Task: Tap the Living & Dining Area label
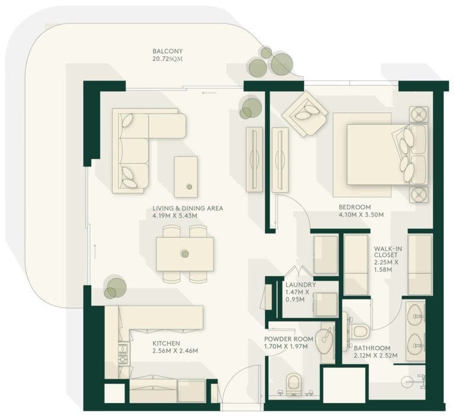[x=187, y=209]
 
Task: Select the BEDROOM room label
[x=354, y=207]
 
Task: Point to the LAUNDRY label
[x=300, y=284]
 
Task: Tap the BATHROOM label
[x=372, y=348]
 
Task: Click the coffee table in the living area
[x=186, y=176]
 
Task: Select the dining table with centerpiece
[x=184, y=254]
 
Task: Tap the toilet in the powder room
[x=294, y=384]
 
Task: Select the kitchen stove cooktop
[x=124, y=355]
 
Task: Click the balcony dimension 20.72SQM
[x=167, y=60]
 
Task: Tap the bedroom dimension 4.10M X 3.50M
[x=361, y=215]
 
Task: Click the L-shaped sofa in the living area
[x=140, y=148]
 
